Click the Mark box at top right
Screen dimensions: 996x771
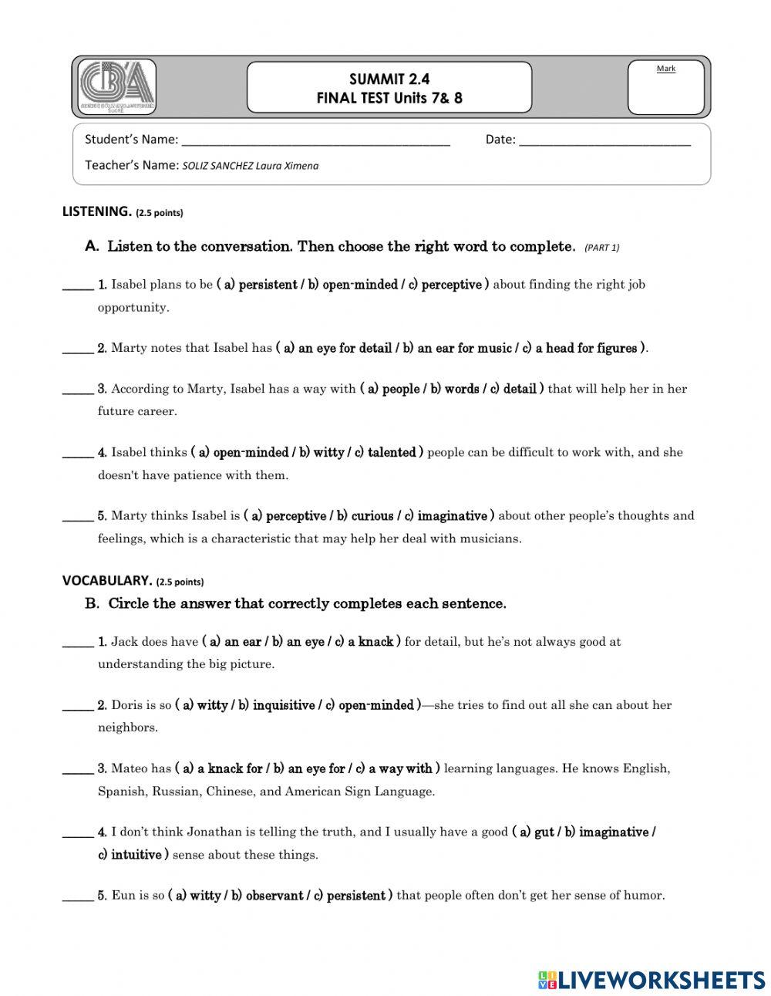tap(666, 87)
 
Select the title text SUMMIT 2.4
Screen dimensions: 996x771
tap(389, 79)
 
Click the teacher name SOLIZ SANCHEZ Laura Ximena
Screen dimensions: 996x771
tap(250, 166)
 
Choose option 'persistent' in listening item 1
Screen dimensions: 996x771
tap(267, 285)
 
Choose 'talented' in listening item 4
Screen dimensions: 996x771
tap(392, 453)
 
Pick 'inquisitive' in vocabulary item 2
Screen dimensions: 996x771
tap(283, 706)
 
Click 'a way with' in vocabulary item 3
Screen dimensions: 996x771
tap(406, 769)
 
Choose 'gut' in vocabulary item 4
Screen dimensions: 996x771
tap(544, 832)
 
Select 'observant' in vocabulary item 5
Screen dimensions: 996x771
tap(274, 896)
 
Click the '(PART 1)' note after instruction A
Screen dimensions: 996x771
tap(601, 248)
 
